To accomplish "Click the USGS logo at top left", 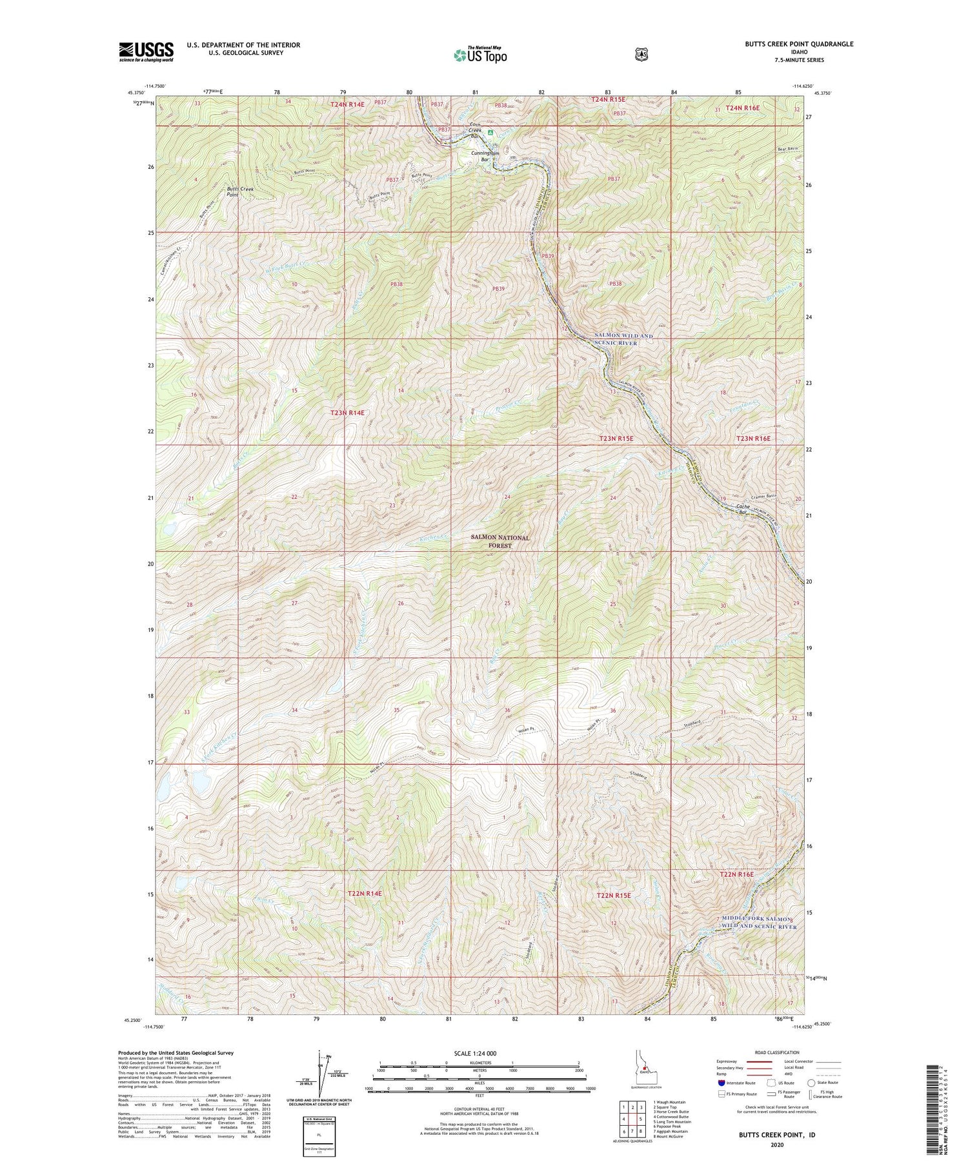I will [146, 52].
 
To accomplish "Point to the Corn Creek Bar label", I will [475, 130].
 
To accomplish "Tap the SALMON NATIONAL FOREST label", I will [500, 541].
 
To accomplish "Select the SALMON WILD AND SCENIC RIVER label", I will [623, 340].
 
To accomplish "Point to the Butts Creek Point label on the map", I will [239, 192].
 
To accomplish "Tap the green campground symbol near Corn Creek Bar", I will [490, 133].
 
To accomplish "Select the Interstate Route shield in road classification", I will [721, 1083].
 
